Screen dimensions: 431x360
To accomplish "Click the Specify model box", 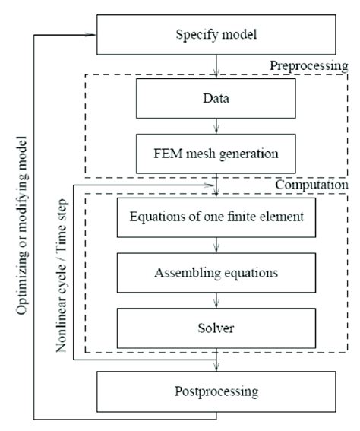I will [x=217, y=35].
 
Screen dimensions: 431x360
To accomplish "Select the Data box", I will [x=217, y=98].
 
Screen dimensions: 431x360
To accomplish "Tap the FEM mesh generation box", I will [x=217, y=152].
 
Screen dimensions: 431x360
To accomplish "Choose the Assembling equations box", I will [x=217, y=271].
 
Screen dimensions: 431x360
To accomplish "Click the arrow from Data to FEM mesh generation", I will [x=217, y=125].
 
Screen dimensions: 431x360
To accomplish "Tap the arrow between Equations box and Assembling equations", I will [x=217, y=245].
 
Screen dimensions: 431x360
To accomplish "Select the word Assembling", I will [x=190, y=271].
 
